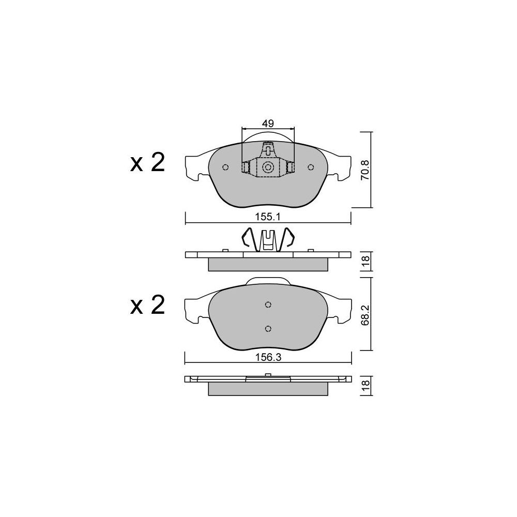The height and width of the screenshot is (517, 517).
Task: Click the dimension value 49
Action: coord(268,124)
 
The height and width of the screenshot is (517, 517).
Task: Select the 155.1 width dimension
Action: coord(268,217)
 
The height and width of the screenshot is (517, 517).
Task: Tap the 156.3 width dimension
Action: coord(268,357)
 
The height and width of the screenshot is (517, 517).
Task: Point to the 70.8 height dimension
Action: coord(366,170)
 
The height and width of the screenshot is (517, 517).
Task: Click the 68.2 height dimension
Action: coord(366,315)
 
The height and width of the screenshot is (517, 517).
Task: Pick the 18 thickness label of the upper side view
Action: coord(366,261)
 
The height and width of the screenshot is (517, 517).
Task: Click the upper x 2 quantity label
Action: coord(147,163)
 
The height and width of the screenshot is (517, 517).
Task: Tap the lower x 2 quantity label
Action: coord(147,306)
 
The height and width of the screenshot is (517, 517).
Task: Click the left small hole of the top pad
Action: coord(225,168)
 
